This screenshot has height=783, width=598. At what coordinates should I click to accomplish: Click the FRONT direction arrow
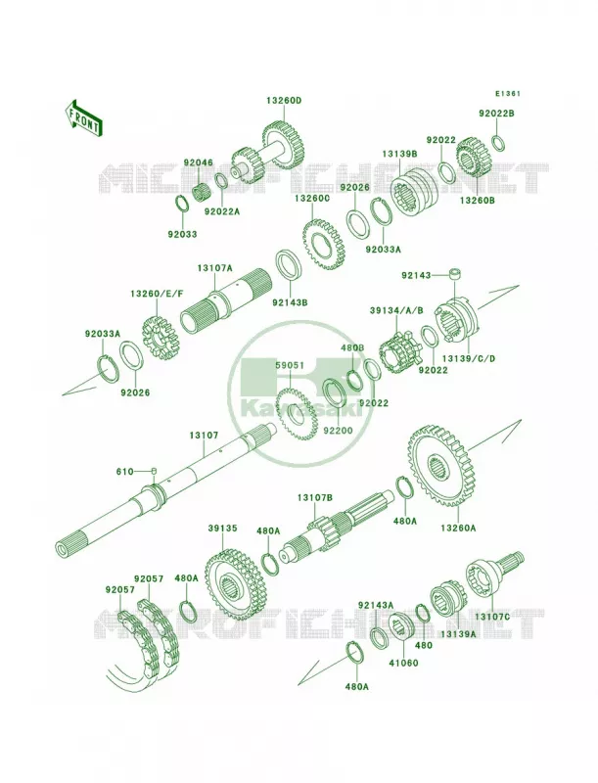83,117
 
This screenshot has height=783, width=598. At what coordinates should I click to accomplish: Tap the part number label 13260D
284,101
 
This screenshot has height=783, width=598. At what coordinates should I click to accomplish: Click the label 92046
198,162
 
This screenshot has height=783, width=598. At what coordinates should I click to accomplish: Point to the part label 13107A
214,268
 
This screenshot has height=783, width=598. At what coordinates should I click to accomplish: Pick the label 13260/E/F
157,294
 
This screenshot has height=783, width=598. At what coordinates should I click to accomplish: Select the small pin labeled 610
155,471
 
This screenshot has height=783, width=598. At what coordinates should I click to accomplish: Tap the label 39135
222,529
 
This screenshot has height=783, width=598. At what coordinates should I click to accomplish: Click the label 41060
403,664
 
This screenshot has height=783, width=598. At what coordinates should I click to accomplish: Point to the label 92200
338,431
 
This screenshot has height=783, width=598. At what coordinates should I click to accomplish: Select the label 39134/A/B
396,310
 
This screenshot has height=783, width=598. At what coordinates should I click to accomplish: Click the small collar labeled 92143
454,274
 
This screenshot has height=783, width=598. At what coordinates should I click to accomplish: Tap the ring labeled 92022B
498,142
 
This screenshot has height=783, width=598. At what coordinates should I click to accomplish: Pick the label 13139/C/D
469,358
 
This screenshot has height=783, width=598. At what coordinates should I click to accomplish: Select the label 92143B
290,301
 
